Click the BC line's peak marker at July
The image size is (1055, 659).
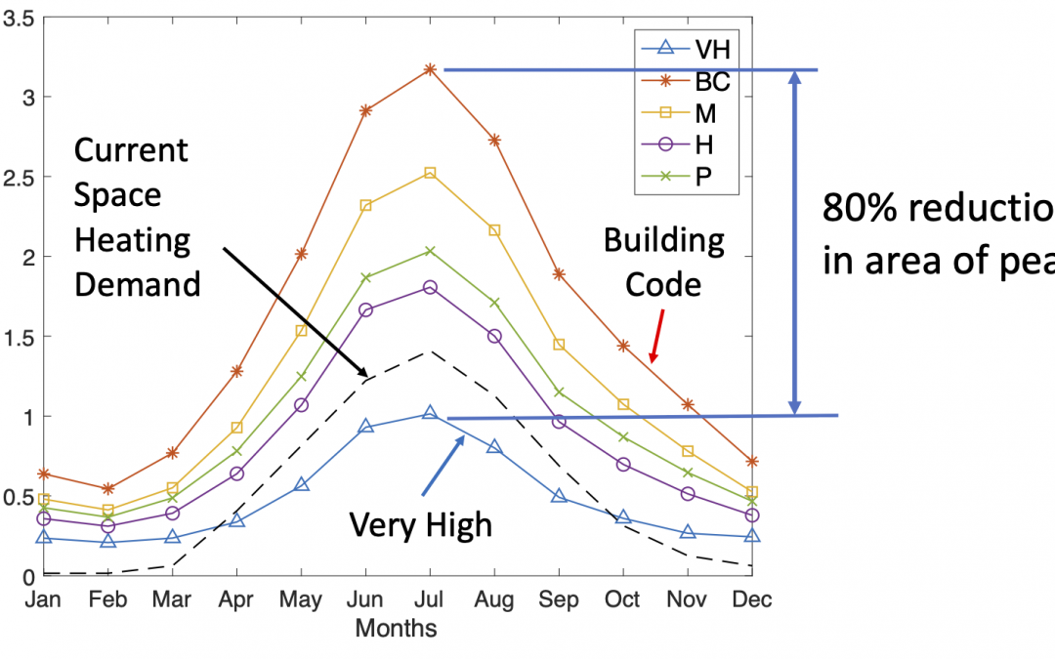[430, 69]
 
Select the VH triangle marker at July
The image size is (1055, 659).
[430, 413]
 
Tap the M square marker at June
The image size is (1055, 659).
[365, 205]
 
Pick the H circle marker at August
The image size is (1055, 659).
[494, 336]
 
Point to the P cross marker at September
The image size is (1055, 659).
[560, 392]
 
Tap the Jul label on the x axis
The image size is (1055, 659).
[430, 599]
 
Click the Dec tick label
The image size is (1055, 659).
[753, 599]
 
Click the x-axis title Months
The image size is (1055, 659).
[396, 627]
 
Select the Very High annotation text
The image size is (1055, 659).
[421, 525]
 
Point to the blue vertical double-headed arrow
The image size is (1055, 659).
[795, 243]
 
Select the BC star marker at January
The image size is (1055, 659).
[42, 474]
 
